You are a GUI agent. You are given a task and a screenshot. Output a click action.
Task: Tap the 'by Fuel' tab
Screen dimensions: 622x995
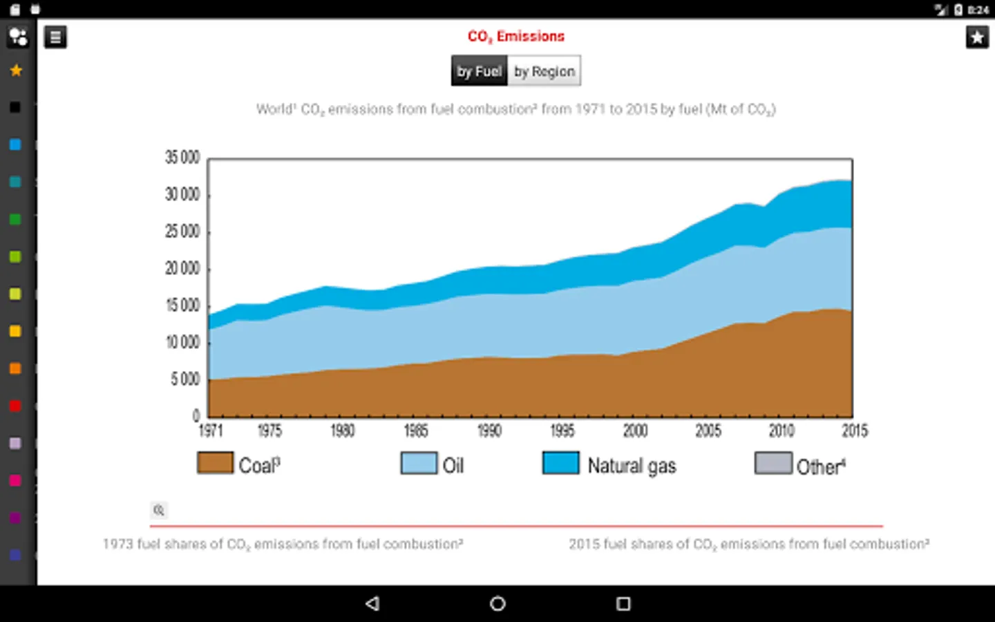click(479, 71)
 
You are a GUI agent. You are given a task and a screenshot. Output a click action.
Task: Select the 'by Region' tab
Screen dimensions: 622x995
click(544, 71)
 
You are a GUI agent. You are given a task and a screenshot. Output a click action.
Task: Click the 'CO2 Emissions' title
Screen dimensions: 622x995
click(516, 36)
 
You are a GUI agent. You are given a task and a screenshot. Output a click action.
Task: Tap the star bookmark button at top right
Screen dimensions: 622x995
click(977, 37)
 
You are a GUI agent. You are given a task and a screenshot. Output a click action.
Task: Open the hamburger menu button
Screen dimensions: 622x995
click(55, 37)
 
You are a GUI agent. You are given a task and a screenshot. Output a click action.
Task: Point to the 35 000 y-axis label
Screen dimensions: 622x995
click(182, 158)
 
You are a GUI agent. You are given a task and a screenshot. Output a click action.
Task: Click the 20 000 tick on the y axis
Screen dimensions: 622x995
click(182, 268)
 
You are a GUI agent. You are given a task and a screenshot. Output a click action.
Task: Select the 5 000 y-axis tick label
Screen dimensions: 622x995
click(185, 379)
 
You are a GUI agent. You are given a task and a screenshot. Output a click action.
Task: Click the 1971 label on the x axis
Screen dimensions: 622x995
click(211, 431)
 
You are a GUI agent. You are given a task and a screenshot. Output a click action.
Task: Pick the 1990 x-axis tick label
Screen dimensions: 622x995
click(489, 431)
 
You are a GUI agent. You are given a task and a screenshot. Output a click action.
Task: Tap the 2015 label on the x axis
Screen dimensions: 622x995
click(855, 431)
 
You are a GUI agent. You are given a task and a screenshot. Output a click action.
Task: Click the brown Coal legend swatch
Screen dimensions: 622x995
click(215, 463)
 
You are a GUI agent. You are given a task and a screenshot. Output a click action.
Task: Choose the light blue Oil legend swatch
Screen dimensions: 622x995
click(419, 463)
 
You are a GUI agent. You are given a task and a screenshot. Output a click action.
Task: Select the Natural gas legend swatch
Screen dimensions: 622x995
click(560, 463)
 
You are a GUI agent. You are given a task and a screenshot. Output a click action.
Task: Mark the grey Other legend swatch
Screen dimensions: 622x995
click(773, 463)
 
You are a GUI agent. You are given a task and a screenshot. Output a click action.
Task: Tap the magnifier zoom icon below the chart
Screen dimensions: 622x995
click(159, 510)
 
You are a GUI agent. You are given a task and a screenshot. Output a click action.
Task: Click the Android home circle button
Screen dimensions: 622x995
click(497, 604)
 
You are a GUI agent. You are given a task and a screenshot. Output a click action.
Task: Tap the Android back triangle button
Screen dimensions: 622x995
click(372, 604)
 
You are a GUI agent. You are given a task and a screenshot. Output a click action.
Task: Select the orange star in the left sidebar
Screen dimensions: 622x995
click(16, 70)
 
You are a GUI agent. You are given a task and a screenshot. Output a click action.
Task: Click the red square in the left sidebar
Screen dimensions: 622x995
click(15, 406)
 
